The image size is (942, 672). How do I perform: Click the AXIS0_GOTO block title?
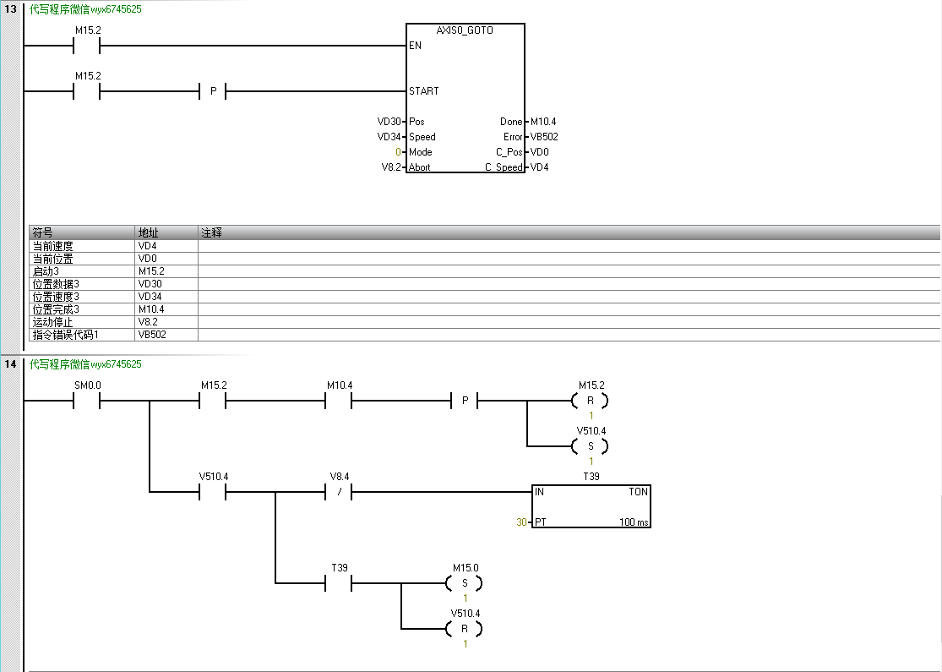(465, 30)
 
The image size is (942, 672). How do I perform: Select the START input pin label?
(423, 90)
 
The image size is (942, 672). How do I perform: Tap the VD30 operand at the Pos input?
(389, 122)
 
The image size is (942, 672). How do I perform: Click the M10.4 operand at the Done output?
(543, 122)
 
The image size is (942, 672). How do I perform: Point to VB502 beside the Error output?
(544, 137)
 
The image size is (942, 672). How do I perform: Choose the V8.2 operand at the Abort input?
(391, 167)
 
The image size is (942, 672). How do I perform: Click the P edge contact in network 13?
(213, 91)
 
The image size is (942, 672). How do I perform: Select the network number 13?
(11, 8)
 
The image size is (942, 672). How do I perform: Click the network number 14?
(11, 364)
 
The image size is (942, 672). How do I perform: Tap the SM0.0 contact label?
(87, 385)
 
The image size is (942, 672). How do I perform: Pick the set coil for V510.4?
(591, 446)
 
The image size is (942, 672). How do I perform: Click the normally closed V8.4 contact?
(339, 492)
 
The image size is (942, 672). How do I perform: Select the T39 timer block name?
(591, 477)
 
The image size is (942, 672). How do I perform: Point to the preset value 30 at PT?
(521, 522)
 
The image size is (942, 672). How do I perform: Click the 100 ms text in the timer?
(634, 522)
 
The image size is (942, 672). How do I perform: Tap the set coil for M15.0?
(465, 583)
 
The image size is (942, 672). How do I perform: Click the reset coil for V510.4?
(465, 629)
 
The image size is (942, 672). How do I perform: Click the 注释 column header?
(211, 232)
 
